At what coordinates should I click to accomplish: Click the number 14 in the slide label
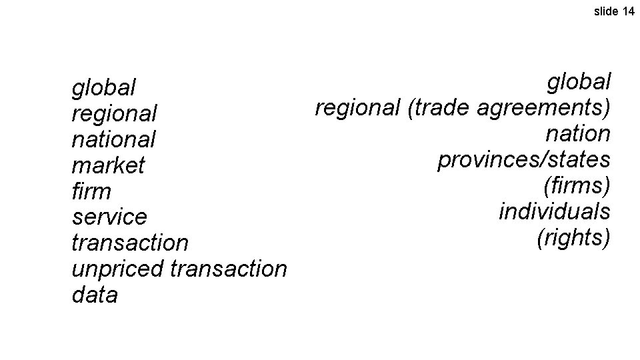point(628,11)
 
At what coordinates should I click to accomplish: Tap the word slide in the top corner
point(606,11)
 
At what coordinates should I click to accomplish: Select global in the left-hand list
point(103,87)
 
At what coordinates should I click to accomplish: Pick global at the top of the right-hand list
point(579,82)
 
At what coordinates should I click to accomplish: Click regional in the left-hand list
point(114,113)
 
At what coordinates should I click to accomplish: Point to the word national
point(113,139)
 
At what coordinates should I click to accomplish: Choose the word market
point(107,165)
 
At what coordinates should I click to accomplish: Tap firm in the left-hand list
point(91,191)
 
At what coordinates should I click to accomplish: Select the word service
point(109,217)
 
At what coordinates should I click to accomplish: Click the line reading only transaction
point(130,243)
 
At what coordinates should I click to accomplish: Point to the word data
point(94,295)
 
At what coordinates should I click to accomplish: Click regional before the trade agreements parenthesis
point(357,108)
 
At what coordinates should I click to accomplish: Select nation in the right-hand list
point(578,134)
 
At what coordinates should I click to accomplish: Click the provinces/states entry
point(524,160)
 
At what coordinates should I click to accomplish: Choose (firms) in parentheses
point(577,186)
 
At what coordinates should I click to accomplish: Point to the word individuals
point(555,212)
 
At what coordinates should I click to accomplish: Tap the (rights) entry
point(573,238)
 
